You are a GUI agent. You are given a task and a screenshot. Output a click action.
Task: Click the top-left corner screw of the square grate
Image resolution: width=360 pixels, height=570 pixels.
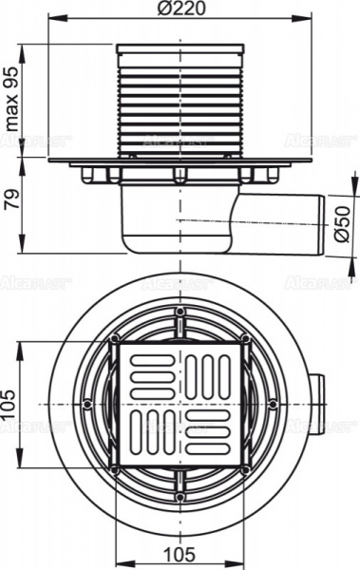114,340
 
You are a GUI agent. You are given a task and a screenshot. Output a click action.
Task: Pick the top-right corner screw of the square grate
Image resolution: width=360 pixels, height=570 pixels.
244,340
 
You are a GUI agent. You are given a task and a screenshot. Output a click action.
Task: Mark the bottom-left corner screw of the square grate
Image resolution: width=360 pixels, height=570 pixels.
114,470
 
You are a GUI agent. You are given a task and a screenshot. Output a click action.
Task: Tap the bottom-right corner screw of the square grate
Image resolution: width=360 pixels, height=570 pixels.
244,470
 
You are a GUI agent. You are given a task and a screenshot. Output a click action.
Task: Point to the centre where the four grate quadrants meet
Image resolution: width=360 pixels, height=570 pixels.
179,405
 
